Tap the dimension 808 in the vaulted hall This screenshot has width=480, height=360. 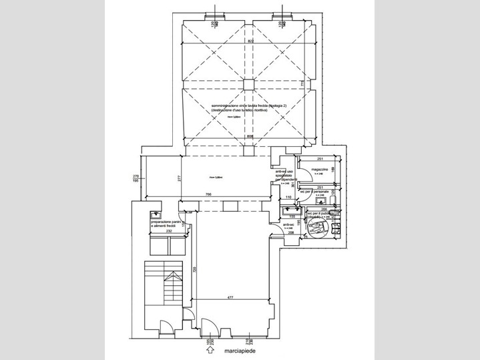(248, 137)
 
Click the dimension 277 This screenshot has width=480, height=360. (180, 178)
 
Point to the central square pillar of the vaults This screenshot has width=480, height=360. (248, 84)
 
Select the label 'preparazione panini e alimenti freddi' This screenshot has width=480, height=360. (167, 224)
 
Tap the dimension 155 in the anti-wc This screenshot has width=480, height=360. (292, 216)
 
